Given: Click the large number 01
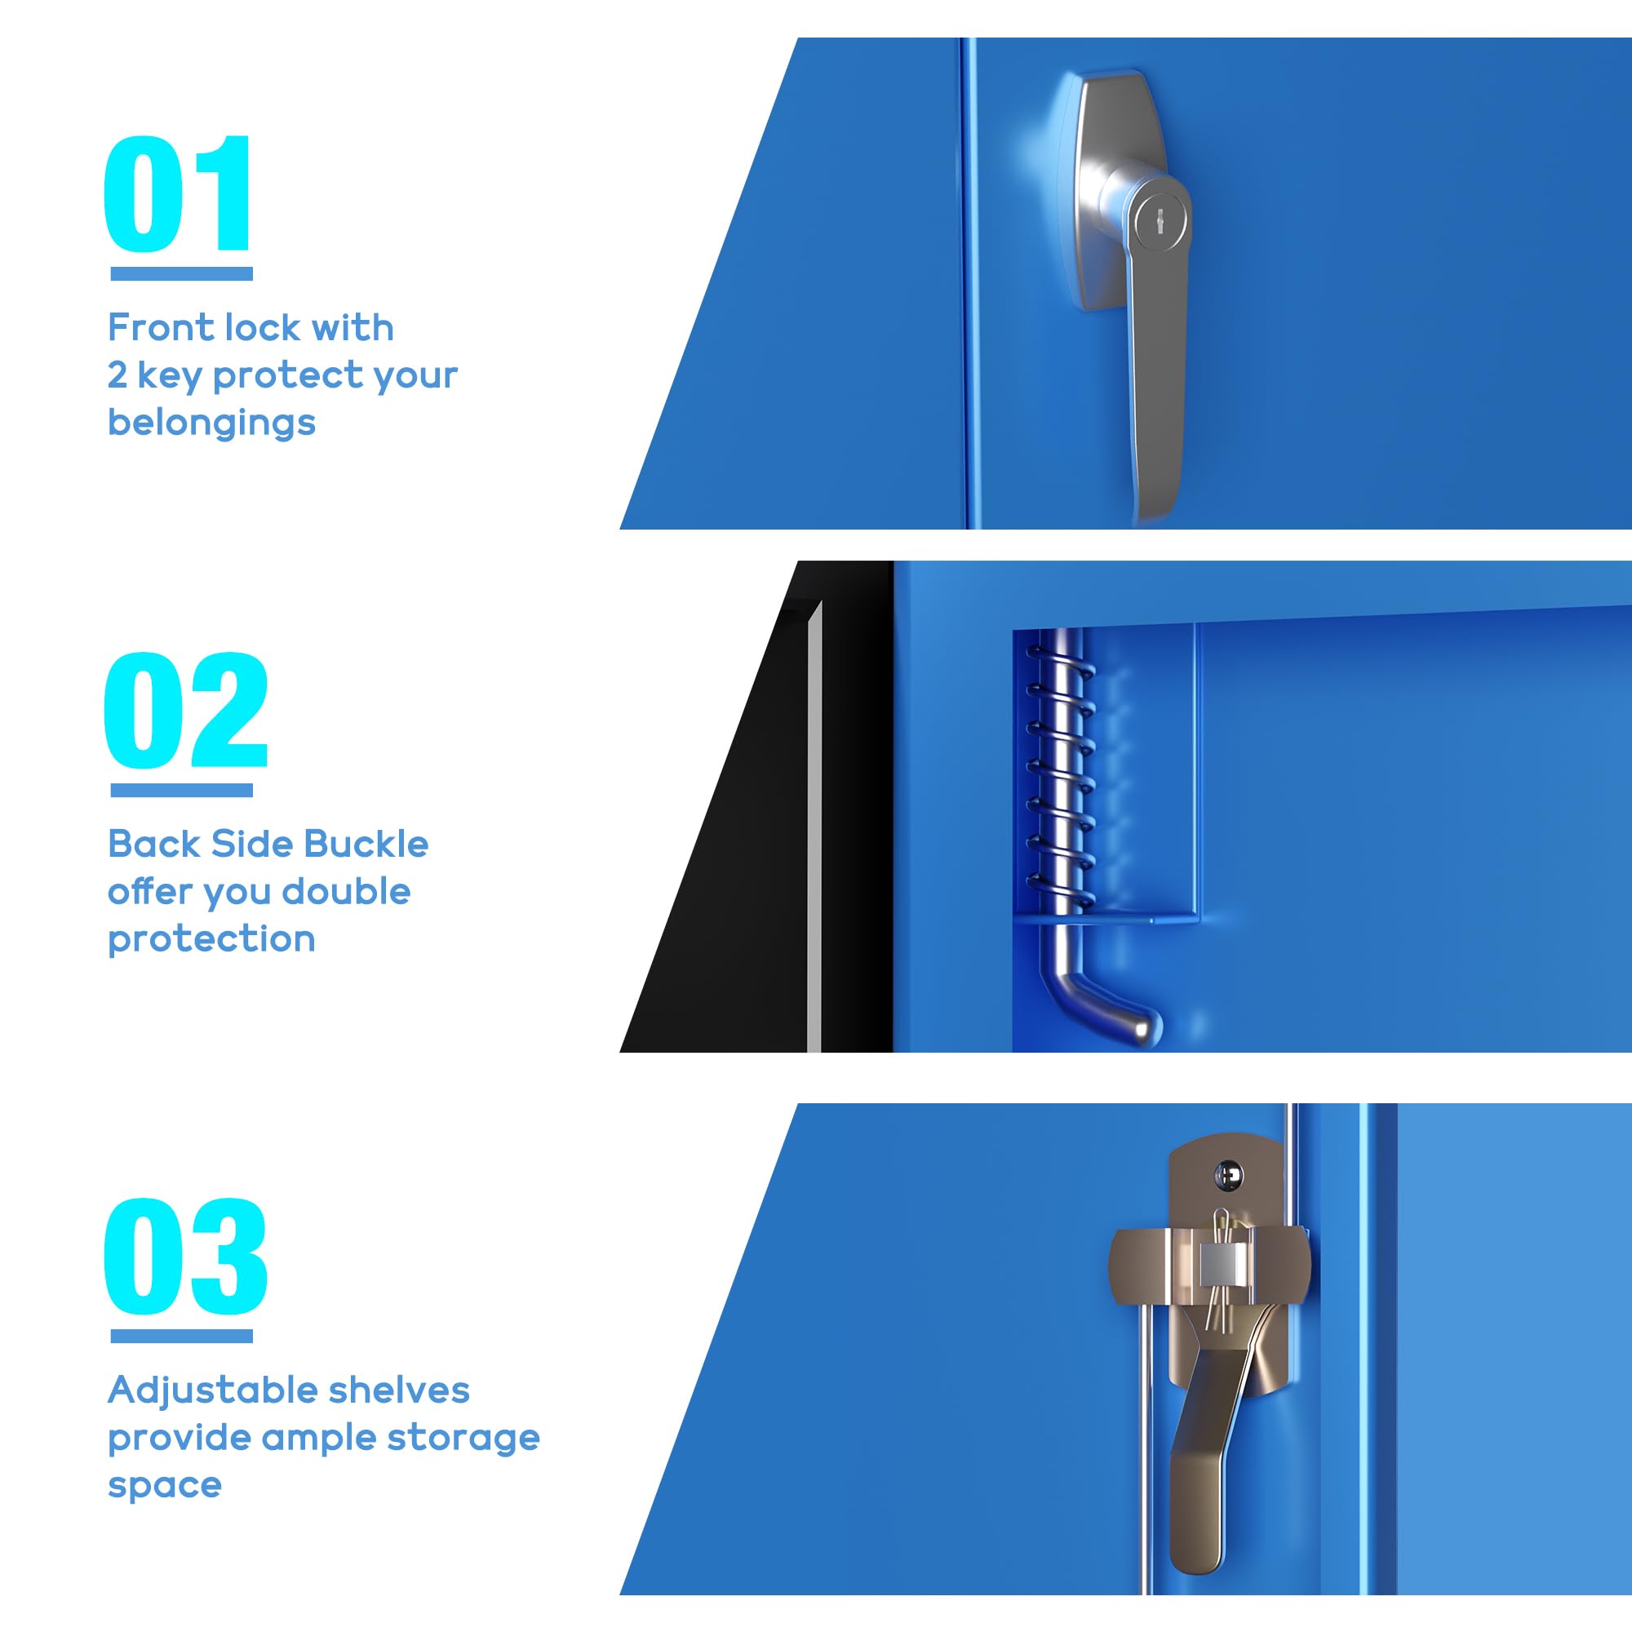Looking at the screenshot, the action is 177,193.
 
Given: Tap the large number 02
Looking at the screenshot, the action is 186,711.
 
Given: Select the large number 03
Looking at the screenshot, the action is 186,1256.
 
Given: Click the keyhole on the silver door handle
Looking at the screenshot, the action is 1160,222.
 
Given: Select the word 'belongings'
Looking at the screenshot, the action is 211,423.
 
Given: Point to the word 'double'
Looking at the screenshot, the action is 345,891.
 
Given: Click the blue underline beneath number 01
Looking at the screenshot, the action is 182,273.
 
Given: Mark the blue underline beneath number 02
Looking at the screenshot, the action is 182,790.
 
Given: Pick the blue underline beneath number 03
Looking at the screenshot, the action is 182,1337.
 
